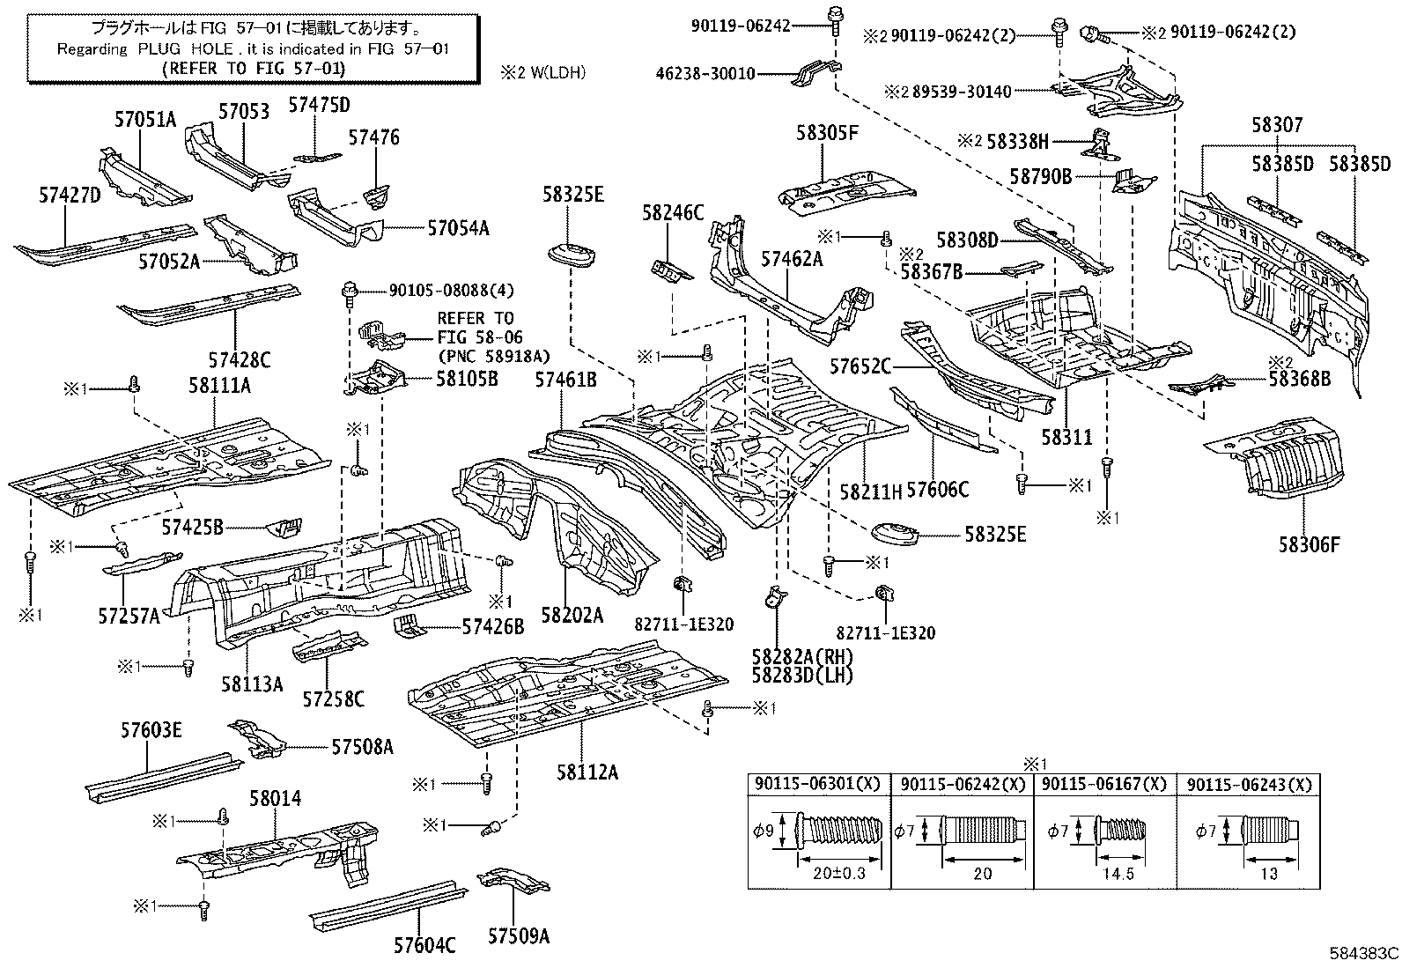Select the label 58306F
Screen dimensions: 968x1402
tap(1310, 544)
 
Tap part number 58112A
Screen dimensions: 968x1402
tap(587, 772)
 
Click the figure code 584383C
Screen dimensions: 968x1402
tap(1363, 953)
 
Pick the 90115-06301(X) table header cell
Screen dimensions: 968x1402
tap(818, 784)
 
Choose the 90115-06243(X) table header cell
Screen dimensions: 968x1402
tap(1249, 784)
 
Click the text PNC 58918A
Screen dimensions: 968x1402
tap(493, 355)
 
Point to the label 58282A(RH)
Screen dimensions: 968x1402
tap(802, 657)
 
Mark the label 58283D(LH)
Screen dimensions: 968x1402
tap(802, 676)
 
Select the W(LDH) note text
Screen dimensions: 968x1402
tap(542, 72)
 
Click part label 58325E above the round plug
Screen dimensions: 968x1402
tap(572, 195)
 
